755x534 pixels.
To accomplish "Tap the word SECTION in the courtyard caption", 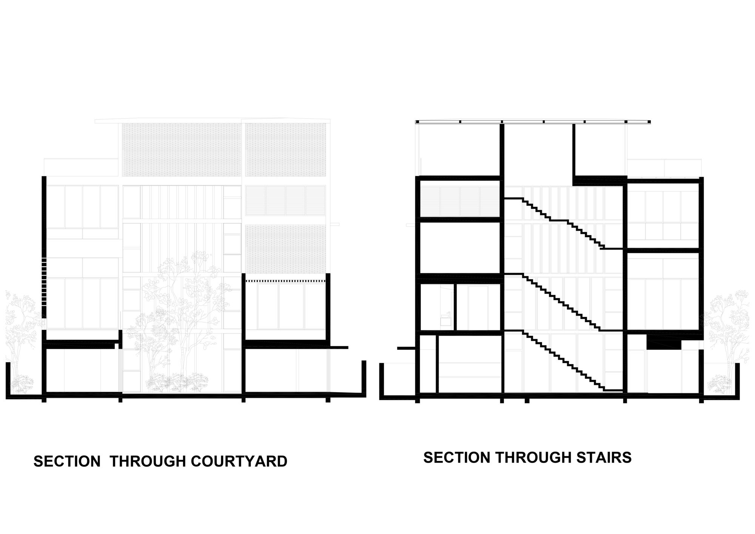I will coord(67,461).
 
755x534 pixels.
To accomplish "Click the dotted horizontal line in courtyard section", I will coord(285,281).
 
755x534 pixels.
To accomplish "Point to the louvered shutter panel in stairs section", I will coord(460,202).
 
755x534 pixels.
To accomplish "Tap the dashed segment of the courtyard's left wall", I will coord(44,281).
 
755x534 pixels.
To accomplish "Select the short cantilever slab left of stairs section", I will coord(406,347).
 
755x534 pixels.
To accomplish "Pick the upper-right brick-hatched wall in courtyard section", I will coord(285,149).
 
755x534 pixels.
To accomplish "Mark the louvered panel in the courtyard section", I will coord(285,200).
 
